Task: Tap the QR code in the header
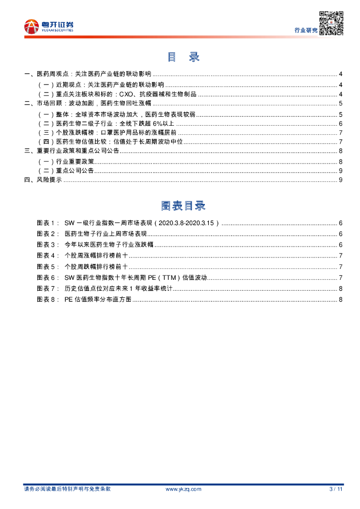click(331, 23)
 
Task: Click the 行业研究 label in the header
click(305, 31)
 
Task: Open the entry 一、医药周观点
click(87, 74)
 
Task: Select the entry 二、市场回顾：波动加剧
click(87, 103)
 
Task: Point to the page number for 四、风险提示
click(340, 180)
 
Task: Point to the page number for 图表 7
click(340, 288)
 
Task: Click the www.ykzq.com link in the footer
click(183, 489)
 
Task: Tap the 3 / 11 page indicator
click(336, 489)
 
